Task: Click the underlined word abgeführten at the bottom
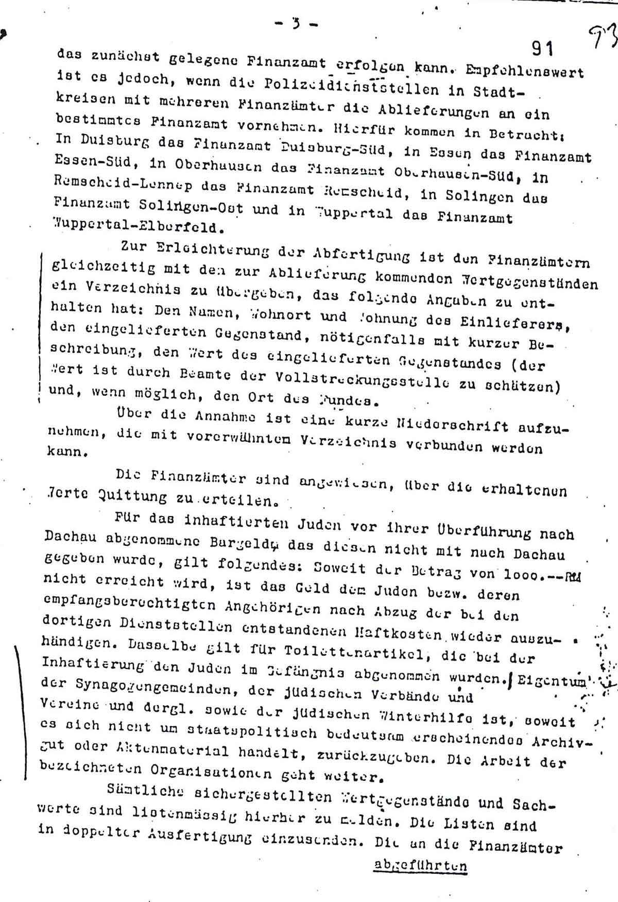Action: coord(420,865)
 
